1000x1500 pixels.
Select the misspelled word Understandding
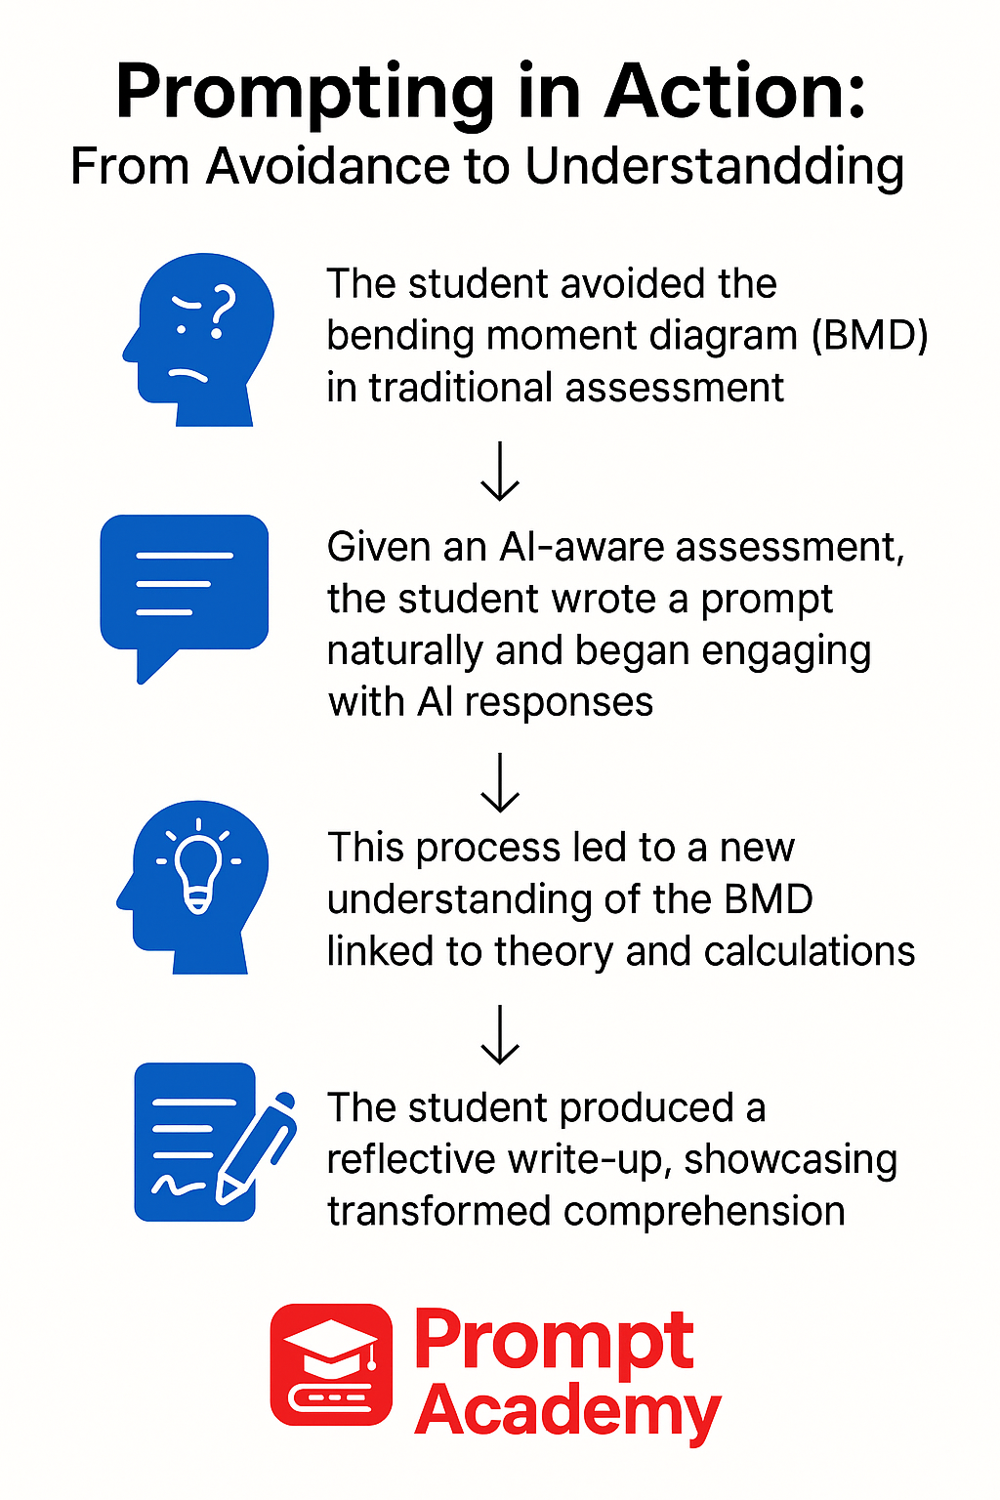coord(714,167)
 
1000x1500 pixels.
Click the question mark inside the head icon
coord(223,311)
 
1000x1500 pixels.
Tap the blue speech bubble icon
coord(185,592)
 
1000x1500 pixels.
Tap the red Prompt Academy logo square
coord(331,1364)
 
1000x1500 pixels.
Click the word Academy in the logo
coord(567,1412)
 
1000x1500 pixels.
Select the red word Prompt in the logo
coord(554,1344)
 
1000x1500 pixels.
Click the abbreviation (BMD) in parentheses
coord(869,335)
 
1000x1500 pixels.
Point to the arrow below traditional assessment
coord(500,472)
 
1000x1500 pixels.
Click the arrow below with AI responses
coord(500,782)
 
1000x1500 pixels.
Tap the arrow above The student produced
coord(500,1034)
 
